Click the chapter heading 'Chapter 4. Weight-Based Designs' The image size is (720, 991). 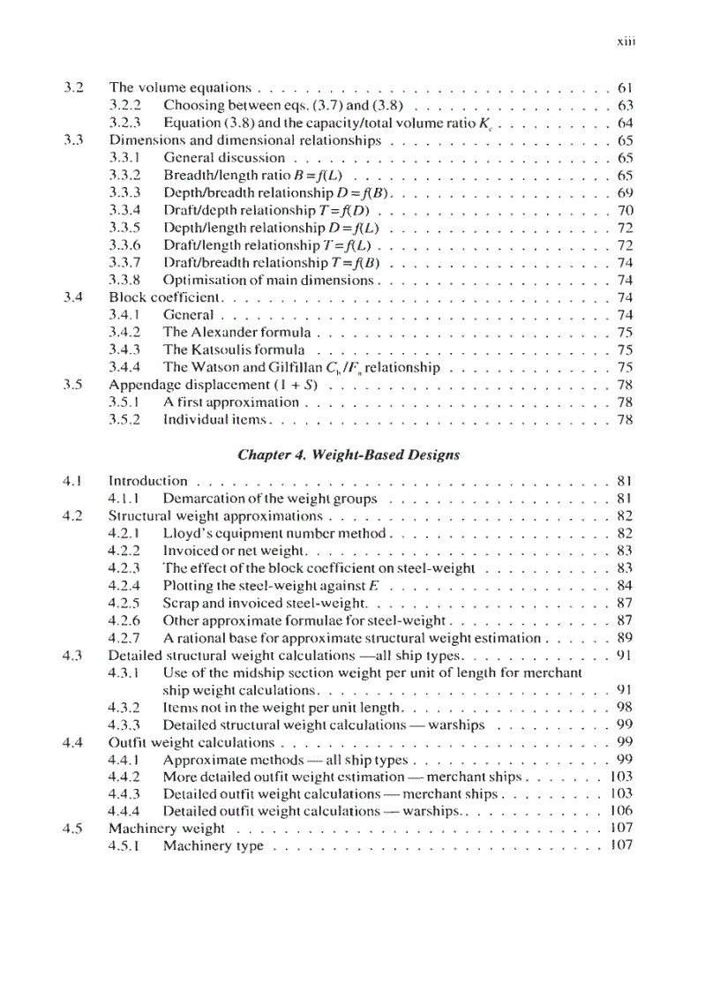click(349, 454)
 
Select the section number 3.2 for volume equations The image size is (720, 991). click(74, 88)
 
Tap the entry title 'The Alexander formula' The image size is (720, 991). click(236, 333)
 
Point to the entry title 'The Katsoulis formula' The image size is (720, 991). click(234, 350)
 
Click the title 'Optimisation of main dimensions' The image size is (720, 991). click(269, 281)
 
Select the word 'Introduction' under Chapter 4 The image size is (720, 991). click(147, 481)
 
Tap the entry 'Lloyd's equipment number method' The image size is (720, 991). click(274, 533)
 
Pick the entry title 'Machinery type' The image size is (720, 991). click(213, 846)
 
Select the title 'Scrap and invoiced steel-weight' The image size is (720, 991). click(264, 603)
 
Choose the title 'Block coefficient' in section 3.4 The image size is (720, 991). click(165, 297)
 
